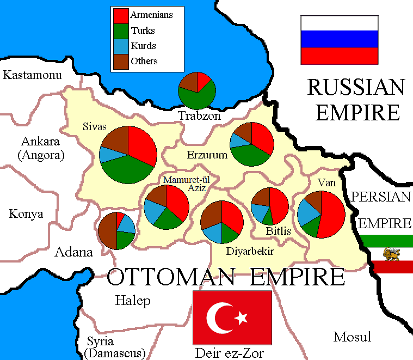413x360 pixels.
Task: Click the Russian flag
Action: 340,40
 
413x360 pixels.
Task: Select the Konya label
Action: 26,214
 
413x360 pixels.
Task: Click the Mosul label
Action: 352,336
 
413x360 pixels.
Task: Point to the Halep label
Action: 133,301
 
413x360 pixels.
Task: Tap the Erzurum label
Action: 207,155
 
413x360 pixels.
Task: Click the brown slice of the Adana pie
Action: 107,233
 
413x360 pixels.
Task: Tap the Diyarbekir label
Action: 250,252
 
